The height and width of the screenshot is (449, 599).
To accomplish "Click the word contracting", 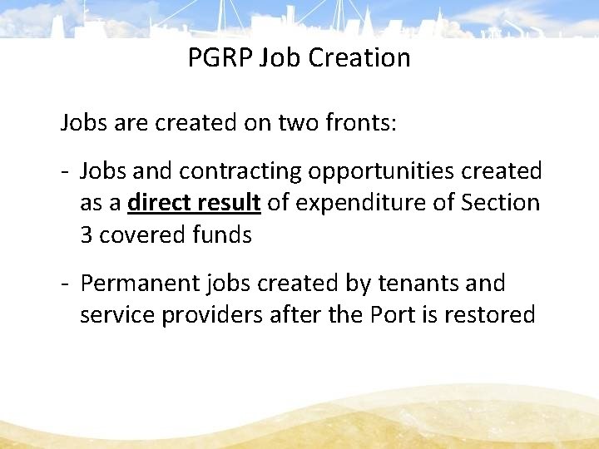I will [x=241, y=172].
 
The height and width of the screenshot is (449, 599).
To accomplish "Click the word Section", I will [x=500, y=203].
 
